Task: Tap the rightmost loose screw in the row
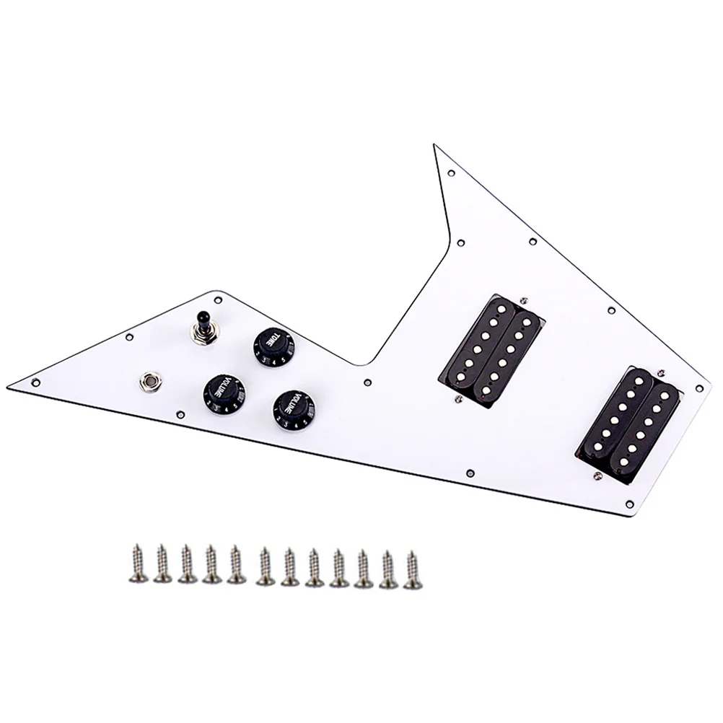coord(413,571)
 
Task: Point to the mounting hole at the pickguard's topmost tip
coord(450,174)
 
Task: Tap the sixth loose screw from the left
coord(264,569)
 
